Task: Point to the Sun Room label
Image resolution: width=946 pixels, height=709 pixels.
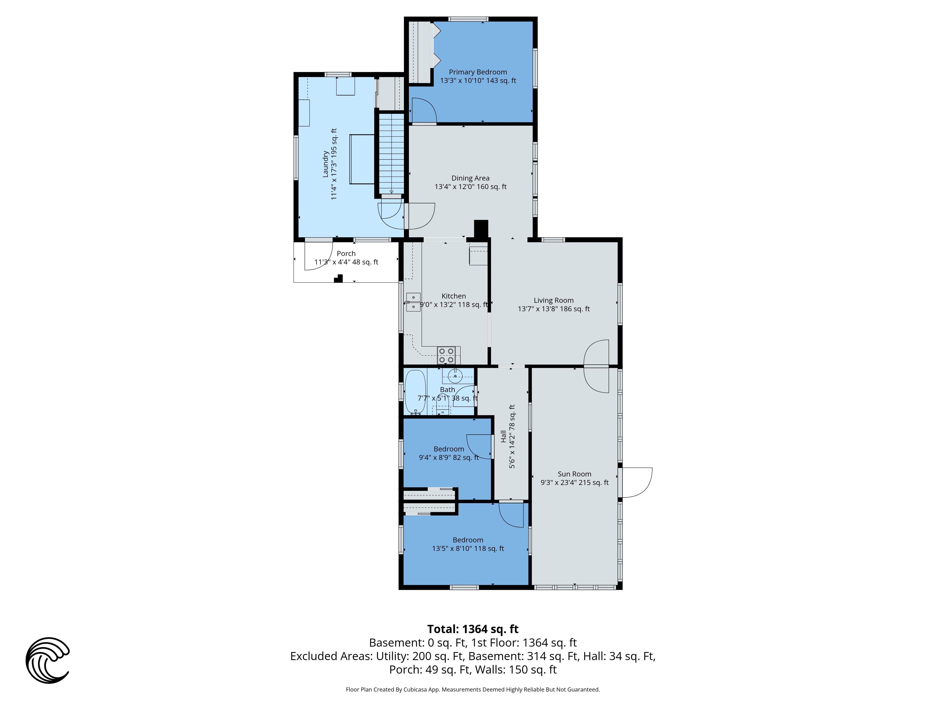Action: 574,474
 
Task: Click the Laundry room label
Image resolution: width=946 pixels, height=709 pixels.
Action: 325,164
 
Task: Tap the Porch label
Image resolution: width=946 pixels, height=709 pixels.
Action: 346,253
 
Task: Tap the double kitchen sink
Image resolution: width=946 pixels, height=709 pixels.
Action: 413,302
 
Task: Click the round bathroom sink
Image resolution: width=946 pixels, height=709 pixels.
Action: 455,376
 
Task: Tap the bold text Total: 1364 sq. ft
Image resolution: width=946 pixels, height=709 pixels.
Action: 473,629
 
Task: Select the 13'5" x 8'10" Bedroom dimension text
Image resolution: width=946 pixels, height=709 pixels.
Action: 468,548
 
